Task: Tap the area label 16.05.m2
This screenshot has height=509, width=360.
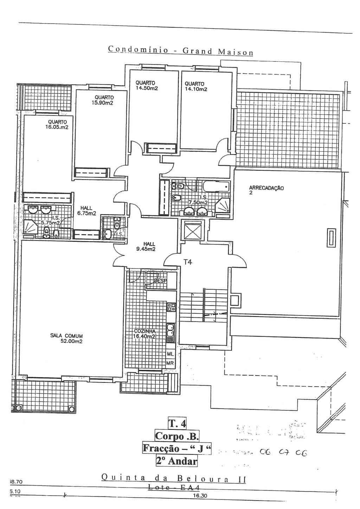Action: pyautogui.click(x=57, y=127)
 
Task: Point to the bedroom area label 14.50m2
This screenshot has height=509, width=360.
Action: pyautogui.click(x=147, y=88)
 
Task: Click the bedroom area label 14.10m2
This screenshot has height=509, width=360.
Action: pyautogui.click(x=196, y=89)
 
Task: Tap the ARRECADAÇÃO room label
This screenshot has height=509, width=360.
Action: pyautogui.click(x=266, y=188)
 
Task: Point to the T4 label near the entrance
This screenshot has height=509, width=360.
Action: pyautogui.click(x=188, y=262)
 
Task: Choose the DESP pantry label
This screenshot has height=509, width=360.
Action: pyautogui.click(x=160, y=281)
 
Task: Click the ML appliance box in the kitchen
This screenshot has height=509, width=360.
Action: pyautogui.click(x=170, y=354)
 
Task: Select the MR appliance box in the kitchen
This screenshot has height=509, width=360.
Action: pyautogui.click(x=170, y=363)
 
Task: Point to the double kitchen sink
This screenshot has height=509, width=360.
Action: pyautogui.click(x=171, y=331)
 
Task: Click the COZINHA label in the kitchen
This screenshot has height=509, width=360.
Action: pyautogui.click(x=144, y=331)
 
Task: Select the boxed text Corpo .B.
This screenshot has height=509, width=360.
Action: pyautogui.click(x=177, y=436)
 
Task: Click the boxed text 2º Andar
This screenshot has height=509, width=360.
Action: pyautogui.click(x=176, y=460)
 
